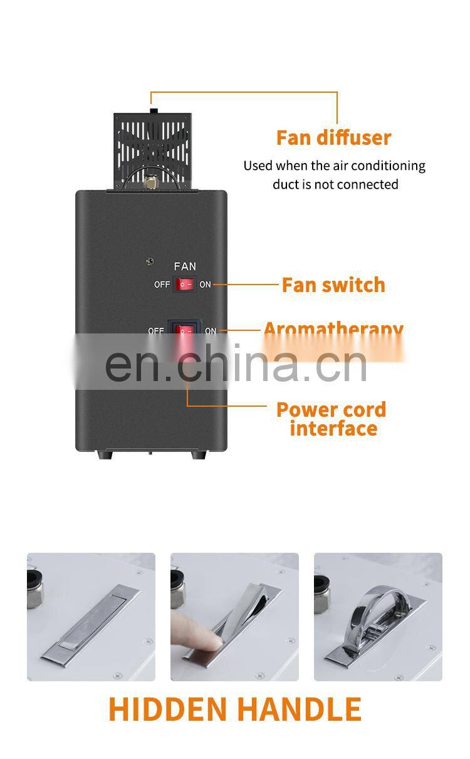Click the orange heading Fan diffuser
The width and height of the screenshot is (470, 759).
[x=333, y=138]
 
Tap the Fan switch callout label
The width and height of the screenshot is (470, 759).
[x=333, y=285]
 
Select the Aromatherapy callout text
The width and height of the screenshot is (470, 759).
[x=333, y=329]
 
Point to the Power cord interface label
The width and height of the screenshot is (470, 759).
[x=332, y=419]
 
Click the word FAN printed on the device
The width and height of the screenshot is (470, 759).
[x=185, y=267]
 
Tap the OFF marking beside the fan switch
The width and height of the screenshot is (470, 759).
[x=162, y=285]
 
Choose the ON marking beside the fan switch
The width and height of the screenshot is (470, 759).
[x=205, y=285]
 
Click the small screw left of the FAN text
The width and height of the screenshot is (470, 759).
[x=149, y=261]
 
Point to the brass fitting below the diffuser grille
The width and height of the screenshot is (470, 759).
[x=150, y=182]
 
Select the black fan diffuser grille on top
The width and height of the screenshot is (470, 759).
[x=152, y=150]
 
